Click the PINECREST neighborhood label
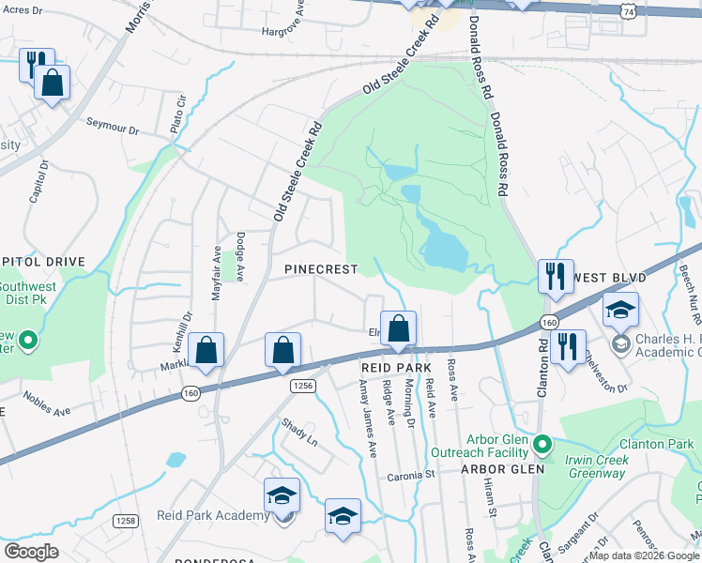[x=321, y=269]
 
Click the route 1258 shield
[x=124, y=520]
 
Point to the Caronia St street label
[x=412, y=476]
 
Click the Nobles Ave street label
[x=47, y=403]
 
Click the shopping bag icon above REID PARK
[x=398, y=329]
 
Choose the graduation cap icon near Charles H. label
[x=620, y=311]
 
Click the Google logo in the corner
[x=32, y=552]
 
